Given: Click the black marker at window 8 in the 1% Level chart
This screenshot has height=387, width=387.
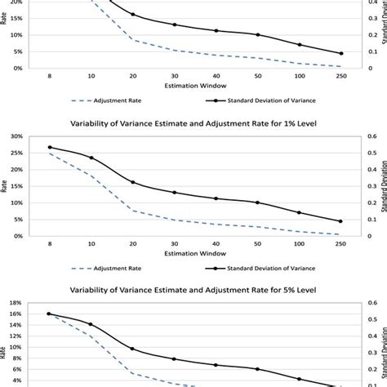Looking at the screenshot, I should pyautogui.click(x=49, y=148).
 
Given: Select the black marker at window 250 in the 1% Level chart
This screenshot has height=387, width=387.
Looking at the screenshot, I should pyautogui.click(x=340, y=221).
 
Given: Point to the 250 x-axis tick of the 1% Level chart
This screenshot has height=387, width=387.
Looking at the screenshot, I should pyautogui.click(x=340, y=244).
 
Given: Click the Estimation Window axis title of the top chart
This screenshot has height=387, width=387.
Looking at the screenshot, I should pyautogui.click(x=194, y=85).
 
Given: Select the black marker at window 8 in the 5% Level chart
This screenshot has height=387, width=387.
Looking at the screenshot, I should pyautogui.click(x=49, y=314).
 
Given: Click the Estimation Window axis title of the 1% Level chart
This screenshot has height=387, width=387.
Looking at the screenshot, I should pyautogui.click(x=194, y=252).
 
